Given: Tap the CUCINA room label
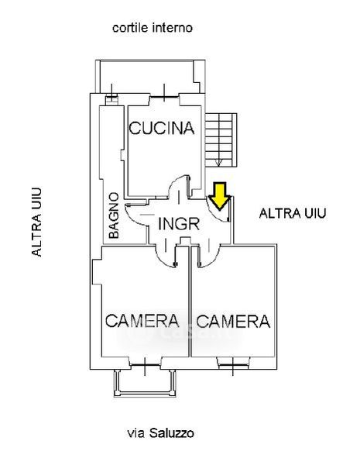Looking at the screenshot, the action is pyautogui.click(x=162, y=128).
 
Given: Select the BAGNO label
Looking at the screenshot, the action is pyautogui.click(x=114, y=215).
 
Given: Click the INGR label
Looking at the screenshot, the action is pyautogui.click(x=179, y=224).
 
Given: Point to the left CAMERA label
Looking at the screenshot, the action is pyautogui.click(x=142, y=321).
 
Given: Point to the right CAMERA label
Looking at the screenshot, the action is pyautogui.click(x=233, y=321).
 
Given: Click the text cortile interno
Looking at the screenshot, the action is pyautogui.click(x=153, y=28).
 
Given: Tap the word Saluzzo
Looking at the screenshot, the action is pyautogui.click(x=172, y=433).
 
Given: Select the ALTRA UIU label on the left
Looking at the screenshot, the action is pyautogui.click(x=36, y=222).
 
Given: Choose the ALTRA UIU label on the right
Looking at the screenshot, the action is pyautogui.click(x=293, y=213).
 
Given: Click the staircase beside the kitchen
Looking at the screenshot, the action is pyautogui.click(x=221, y=139).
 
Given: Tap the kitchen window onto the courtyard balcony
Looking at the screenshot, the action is pyautogui.click(x=164, y=96).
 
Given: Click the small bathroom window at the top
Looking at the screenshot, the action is pyautogui.click(x=111, y=97).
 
